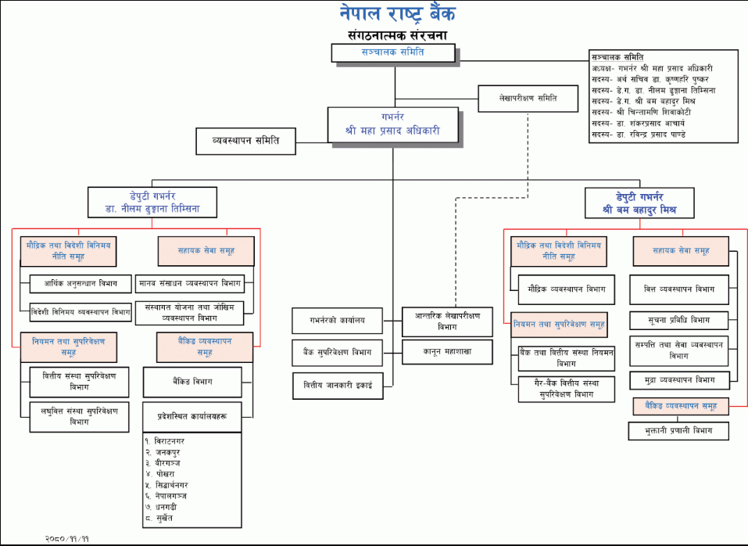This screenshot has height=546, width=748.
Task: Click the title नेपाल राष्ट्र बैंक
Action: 397,13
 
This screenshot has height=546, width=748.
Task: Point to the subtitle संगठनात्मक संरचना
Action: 396,34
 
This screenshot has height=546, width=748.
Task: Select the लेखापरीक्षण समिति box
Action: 528,99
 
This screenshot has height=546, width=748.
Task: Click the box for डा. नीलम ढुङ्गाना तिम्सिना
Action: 152,202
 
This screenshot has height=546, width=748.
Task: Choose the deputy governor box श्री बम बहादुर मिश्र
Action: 639,202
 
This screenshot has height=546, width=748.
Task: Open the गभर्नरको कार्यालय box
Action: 339,320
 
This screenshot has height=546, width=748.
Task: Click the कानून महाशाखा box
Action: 447,351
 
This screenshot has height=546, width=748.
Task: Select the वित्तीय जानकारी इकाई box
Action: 339,384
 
